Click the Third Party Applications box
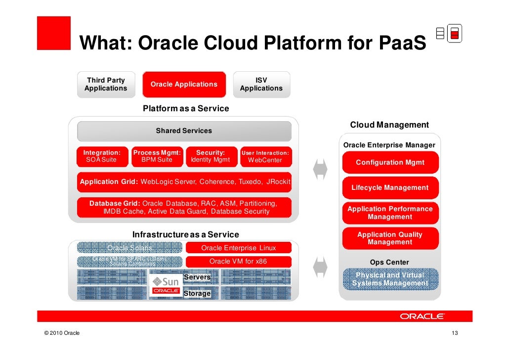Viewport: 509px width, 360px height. point(106,85)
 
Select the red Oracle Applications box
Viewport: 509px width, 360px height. point(184,85)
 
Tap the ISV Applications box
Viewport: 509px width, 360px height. point(261,85)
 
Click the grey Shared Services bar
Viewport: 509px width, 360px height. point(184,131)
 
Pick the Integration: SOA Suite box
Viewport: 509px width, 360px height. point(102,156)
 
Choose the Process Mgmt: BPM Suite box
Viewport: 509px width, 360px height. point(157,156)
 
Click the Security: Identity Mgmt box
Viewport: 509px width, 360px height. point(211,156)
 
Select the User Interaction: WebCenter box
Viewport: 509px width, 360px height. point(265,156)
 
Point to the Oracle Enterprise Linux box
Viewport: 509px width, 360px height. point(239,248)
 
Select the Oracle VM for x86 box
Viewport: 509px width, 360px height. point(239,262)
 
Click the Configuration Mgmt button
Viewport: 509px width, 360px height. point(390,163)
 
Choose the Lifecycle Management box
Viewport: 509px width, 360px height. point(390,188)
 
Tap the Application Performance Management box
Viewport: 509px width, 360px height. point(390,213)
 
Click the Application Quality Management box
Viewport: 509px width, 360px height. point(390,238)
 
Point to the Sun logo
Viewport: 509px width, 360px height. point(166,281)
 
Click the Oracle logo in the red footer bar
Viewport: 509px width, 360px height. point(422,316)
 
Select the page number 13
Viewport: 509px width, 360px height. point(455,333)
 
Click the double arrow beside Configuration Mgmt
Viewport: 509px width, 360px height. point(320,169)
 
